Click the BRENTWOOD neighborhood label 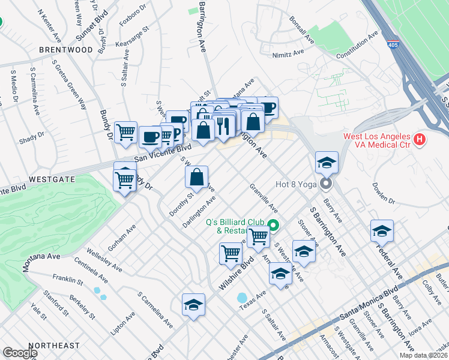[x=66, y=50]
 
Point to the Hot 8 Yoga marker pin [x=327, y=184]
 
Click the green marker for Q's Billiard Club [x=274, y=226]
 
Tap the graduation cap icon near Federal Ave [x=382, y=230]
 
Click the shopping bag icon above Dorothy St [x=197, y=177]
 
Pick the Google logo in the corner [x=20, y=353]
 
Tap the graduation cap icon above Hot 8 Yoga [x=327, y=163]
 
